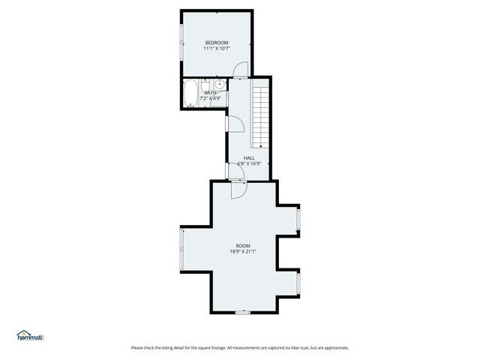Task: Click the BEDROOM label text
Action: (x=216, y=43)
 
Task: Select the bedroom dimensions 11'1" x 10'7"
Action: (x=216, y=49)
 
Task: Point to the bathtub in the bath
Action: (x=190, y=94)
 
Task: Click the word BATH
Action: (x=211, y=93)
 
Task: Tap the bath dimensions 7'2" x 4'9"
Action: (x=211, y=98)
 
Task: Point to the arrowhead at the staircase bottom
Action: (x=259, y=145)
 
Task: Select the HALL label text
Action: (x=249, y=157)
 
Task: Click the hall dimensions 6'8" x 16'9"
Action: (x=249, y=163)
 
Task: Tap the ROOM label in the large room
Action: (x=243, y=246)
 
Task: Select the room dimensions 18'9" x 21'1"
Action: (x=243, y=252)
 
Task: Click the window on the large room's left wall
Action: (x=181, y=248)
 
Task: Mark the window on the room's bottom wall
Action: (x=242, y=311)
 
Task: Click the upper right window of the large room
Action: (x=298, y=219)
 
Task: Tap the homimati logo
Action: (x=31, y=336)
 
